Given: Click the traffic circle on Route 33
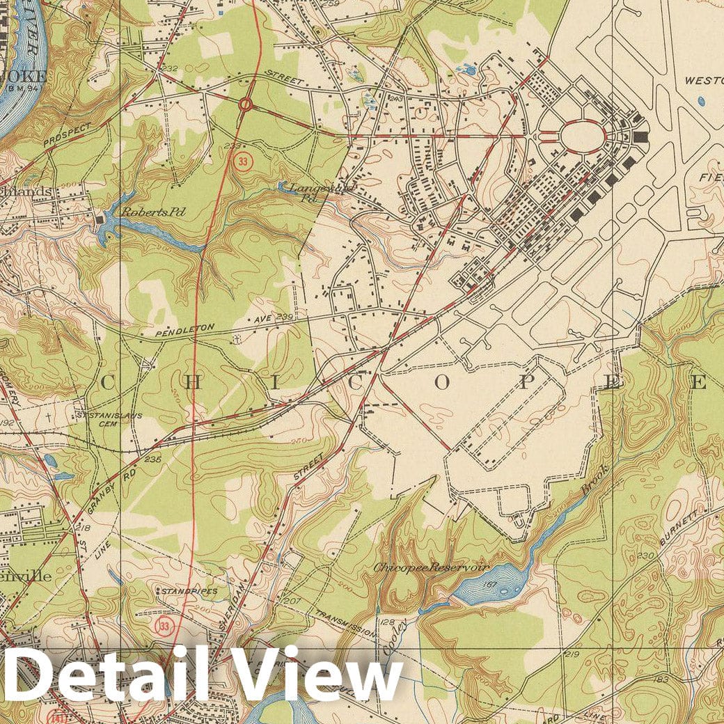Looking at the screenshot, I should pyautogui.click(x=245, y=104).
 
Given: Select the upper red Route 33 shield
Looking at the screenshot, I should pyautogui.click(x=242, y=162).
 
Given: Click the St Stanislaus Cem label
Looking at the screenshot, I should pyautogui.click(x=100, y=418).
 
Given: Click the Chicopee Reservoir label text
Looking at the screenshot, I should pyautogui.click(x=429, y=567).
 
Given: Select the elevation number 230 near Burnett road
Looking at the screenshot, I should pyautogui.click(x=647, y=556).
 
